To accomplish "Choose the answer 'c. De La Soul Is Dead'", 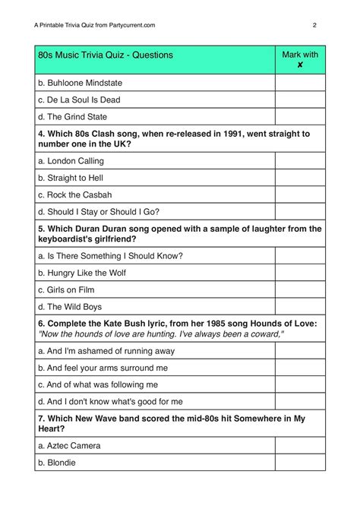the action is (x=79, y=100).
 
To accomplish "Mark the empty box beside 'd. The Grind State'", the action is (x=301, y=117).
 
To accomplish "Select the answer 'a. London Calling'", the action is (x=71, y=161).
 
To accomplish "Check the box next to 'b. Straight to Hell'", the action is (x=301, y=179).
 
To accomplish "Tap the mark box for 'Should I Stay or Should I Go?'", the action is (x=301, y=213).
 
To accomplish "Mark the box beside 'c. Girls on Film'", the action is (x=301, y=290).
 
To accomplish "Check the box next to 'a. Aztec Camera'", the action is (x=301, y=446).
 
